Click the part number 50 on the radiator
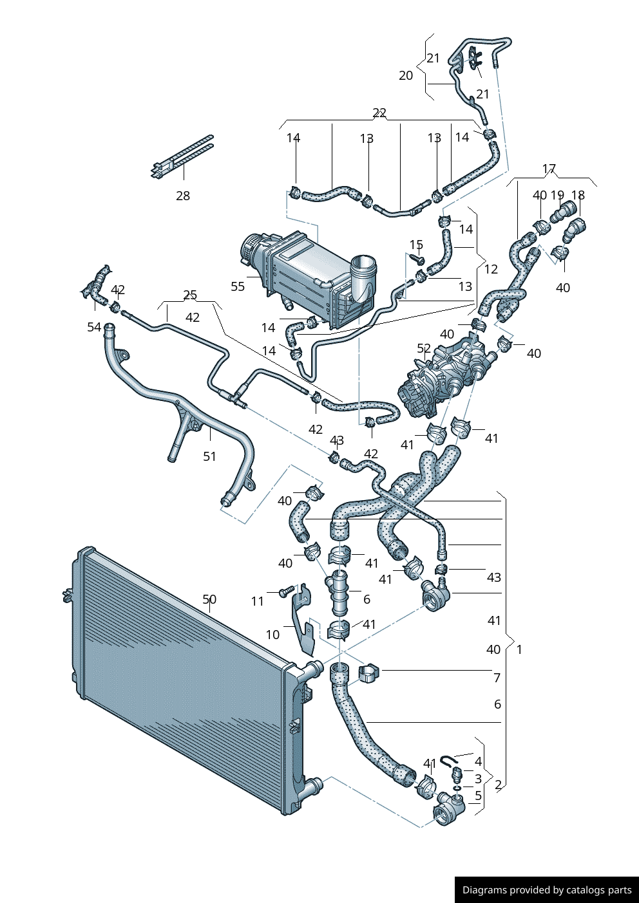[x=209, y=599]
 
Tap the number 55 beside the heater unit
[x=238, y=286]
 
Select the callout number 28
[x=183, y=196]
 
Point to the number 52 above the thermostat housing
[x=424, y=348]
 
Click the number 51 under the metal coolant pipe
[x=209, y=456]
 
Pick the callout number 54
[x=94, y=327]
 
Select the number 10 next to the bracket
[x=272, y=635]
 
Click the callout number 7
[x=497, y=678]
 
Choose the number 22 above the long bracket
[x=379, y=113]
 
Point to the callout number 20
[x=406, y=76]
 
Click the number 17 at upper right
[x=549, y=169]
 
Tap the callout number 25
[x=190, y=295]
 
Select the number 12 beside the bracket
[x=491, y=269]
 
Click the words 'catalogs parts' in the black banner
[x=599, y=890]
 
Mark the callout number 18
[x=578, y=195]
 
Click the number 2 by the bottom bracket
[x=498, y=785]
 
